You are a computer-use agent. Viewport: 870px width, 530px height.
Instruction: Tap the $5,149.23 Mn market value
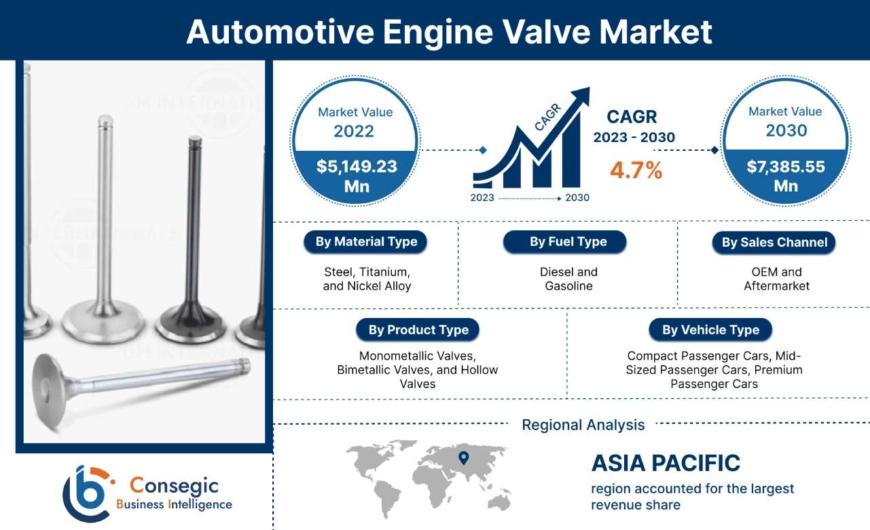[x=357, y=175]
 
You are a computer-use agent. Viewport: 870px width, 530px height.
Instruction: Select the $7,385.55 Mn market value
[x=786, y=175]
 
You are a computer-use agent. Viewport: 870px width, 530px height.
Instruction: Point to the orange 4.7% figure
[x=636, y=170]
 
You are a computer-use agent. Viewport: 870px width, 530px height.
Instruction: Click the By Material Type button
[x=365, y=242]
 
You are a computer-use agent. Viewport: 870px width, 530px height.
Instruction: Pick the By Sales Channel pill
[x=774, y=243]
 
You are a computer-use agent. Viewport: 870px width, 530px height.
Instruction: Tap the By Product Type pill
[x=418, y=330]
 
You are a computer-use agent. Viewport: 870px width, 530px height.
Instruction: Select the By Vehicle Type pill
[x=710, y=330]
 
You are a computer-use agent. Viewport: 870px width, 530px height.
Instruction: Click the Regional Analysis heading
[x=583, y=425]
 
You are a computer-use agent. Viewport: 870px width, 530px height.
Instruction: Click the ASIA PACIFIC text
[x=666, y=463]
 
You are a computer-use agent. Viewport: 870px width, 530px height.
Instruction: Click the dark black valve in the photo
[x=193, y=258]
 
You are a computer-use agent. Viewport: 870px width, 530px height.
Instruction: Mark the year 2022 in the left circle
[x=353, y=130]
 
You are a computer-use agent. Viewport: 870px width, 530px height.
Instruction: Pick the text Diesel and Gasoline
[x=568, y=279]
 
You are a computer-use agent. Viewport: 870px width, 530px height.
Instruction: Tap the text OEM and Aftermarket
[x=776, y=279]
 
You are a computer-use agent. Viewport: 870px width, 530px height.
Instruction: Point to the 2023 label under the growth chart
[x=482, y=198]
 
